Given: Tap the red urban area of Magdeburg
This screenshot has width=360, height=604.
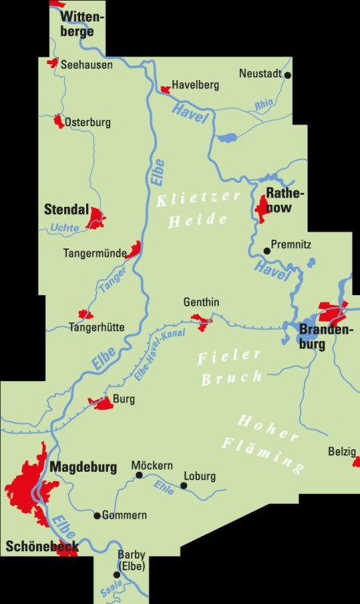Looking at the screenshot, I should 30,483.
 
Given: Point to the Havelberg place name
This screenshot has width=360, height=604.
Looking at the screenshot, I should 195,85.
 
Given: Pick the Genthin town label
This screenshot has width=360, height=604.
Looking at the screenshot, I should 202,302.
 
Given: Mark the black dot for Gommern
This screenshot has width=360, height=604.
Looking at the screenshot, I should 97,516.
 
